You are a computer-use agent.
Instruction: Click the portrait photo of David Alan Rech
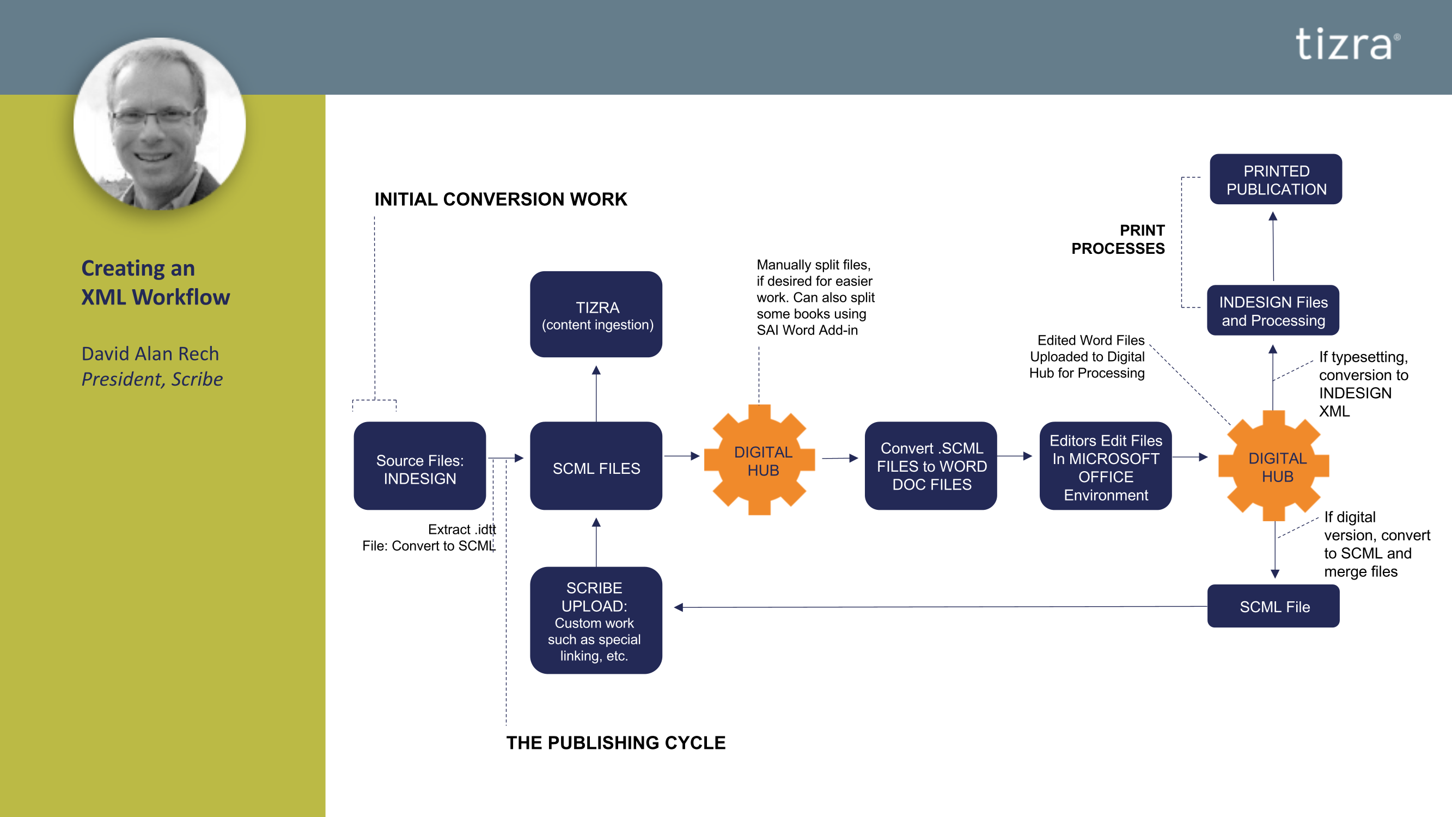160,124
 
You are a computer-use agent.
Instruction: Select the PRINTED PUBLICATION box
1276,179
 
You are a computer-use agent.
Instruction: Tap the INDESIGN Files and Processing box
1273,310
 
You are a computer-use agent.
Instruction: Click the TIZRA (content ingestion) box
596,315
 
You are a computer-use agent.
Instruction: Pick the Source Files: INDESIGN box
419,466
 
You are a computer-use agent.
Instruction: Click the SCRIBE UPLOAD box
596,620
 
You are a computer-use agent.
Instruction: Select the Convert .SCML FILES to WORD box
931,466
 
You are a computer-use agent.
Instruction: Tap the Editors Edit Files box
1106,466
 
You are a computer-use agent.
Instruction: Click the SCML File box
1273,606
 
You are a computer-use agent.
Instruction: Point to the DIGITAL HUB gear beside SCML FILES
760,460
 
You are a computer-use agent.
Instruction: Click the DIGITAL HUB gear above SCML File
1274,466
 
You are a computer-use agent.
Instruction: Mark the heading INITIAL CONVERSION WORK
501,199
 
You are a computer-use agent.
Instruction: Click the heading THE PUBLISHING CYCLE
615,742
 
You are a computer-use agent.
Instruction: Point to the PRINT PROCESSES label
1118,239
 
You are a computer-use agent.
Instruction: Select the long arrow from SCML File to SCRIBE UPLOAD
941,607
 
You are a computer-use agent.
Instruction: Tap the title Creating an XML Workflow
156,283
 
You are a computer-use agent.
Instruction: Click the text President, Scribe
152,380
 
